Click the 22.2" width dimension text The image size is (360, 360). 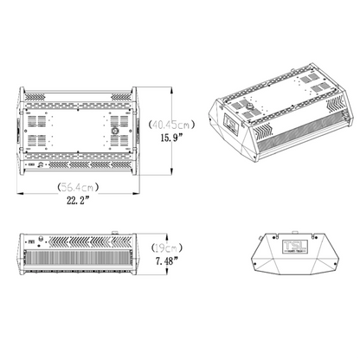coord(76,201)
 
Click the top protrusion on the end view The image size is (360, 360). coord(294,231)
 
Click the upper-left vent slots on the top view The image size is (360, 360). coord(39,112)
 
